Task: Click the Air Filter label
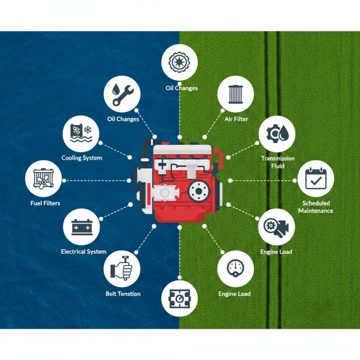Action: point(236,119)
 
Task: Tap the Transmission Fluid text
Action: point(278,162)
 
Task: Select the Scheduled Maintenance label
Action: point(315,207)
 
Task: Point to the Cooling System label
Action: point(82,158)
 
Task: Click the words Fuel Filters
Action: point(45,203)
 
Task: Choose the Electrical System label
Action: point(84,252)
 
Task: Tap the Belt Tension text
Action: point(123,294)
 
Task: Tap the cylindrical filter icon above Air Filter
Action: point(236,94)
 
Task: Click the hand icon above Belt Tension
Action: point(123,269)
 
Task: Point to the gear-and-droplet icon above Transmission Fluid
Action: point(278,134)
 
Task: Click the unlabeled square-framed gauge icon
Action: point(180,298)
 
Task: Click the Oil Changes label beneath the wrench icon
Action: point(123,119)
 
